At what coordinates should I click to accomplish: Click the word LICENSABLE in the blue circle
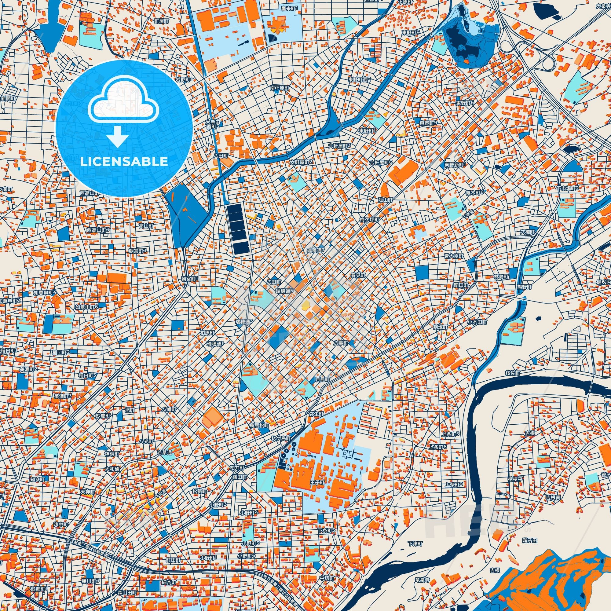[x=124, y=162]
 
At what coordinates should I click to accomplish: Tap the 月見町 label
[x=322, y=379]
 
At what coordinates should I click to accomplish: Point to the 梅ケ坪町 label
[x=369, y=219]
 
